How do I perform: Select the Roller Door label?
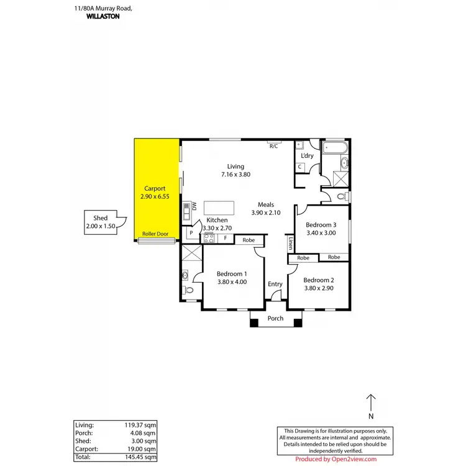155,234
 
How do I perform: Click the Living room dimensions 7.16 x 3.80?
235,176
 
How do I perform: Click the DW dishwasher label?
194,207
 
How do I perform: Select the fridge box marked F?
225,238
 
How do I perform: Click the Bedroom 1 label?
232,274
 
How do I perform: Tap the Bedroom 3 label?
321,225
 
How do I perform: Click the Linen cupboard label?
290,244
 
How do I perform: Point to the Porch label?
275,319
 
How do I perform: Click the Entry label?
275,284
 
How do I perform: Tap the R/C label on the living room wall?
273,146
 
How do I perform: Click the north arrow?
371,403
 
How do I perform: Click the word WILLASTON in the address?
103,17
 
